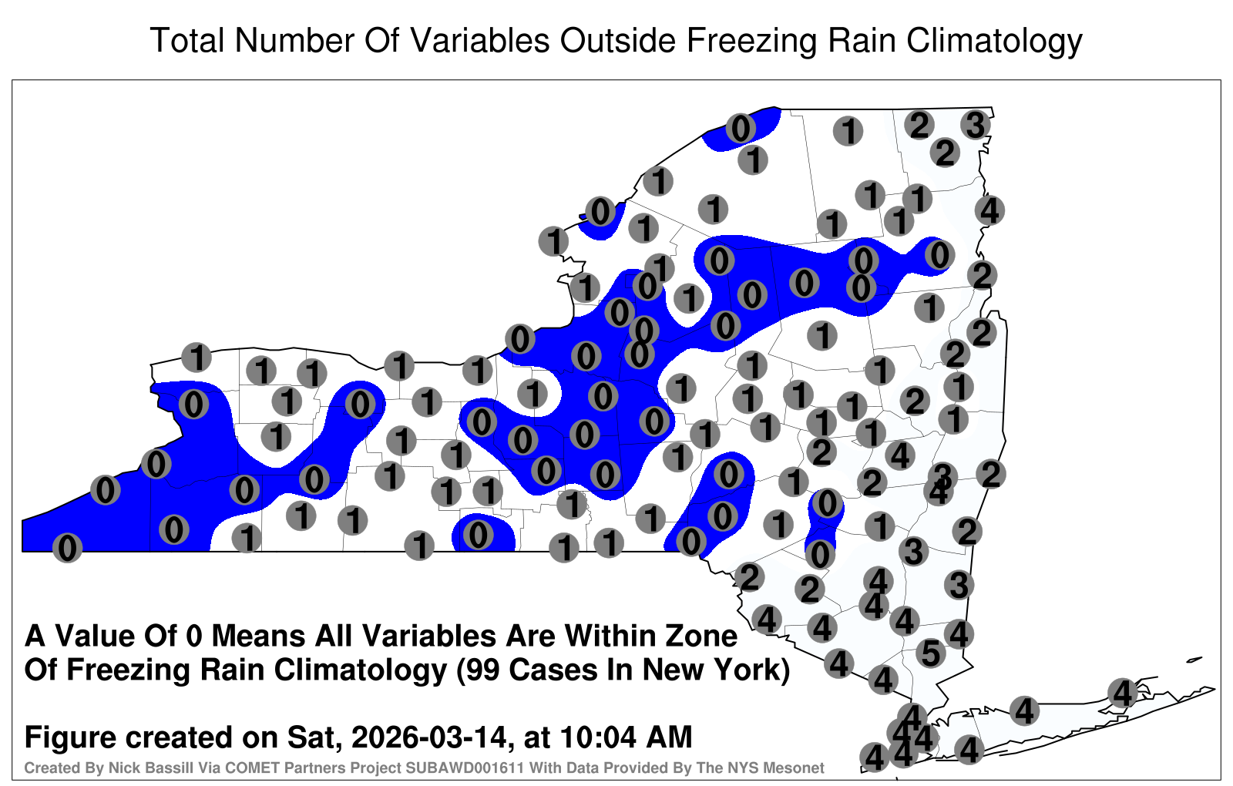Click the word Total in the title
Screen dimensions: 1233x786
pyautogui.click(x=188, y=40)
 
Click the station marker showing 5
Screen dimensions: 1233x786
pyautogui.click(x=931, y=653)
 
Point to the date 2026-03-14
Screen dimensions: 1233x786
pyautogui.click(x=428, y=737)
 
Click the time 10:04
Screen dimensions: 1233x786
pyautogui.click(x=596, y=737)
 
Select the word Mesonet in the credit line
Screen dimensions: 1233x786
pyautogui.click(x=796, y=768)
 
